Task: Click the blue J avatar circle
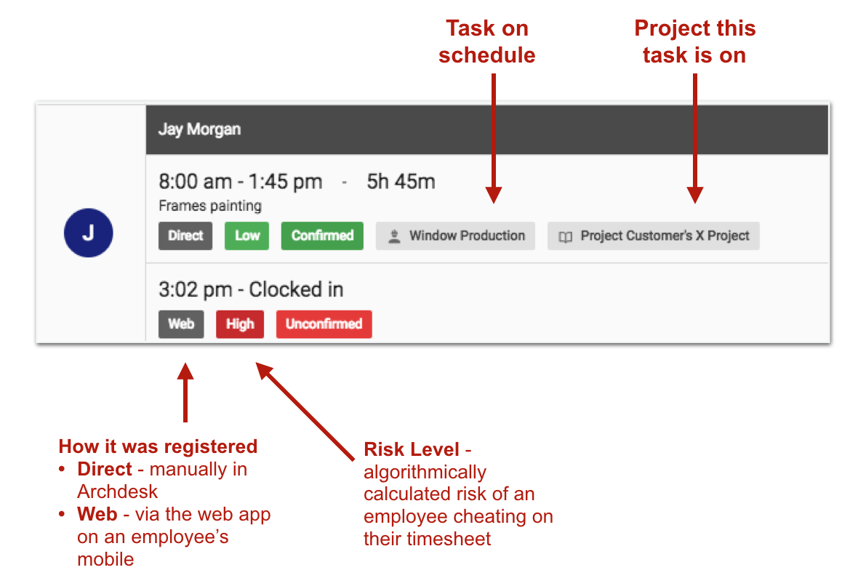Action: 89,233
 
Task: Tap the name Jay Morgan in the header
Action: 199,129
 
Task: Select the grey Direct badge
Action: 185,236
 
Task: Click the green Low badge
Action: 246,236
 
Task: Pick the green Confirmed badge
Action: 323,236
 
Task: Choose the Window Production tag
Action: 455,236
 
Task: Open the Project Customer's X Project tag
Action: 653,236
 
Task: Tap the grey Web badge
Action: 181,324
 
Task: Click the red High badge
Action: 240,324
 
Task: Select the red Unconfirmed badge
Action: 324,324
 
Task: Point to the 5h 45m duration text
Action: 401,182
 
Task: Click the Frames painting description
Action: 210,206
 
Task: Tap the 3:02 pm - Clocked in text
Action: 251,289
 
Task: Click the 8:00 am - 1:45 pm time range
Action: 241,182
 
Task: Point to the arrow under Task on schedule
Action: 493,139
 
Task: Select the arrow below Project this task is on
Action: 695,139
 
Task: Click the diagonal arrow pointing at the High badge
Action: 305,412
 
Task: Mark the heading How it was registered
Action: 159,446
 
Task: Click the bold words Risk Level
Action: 412,449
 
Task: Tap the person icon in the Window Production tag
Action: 395,236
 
